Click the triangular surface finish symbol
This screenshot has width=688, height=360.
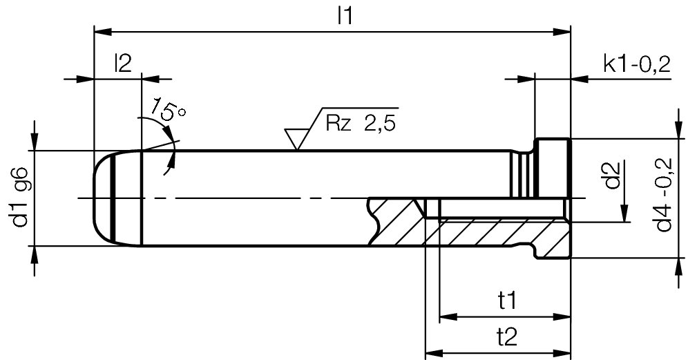pos(297,138)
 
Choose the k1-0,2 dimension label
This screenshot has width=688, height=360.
pos(636,64)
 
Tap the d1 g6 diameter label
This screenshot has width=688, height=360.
pos(19,198)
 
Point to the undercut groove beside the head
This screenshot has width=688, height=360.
pos(522,173)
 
